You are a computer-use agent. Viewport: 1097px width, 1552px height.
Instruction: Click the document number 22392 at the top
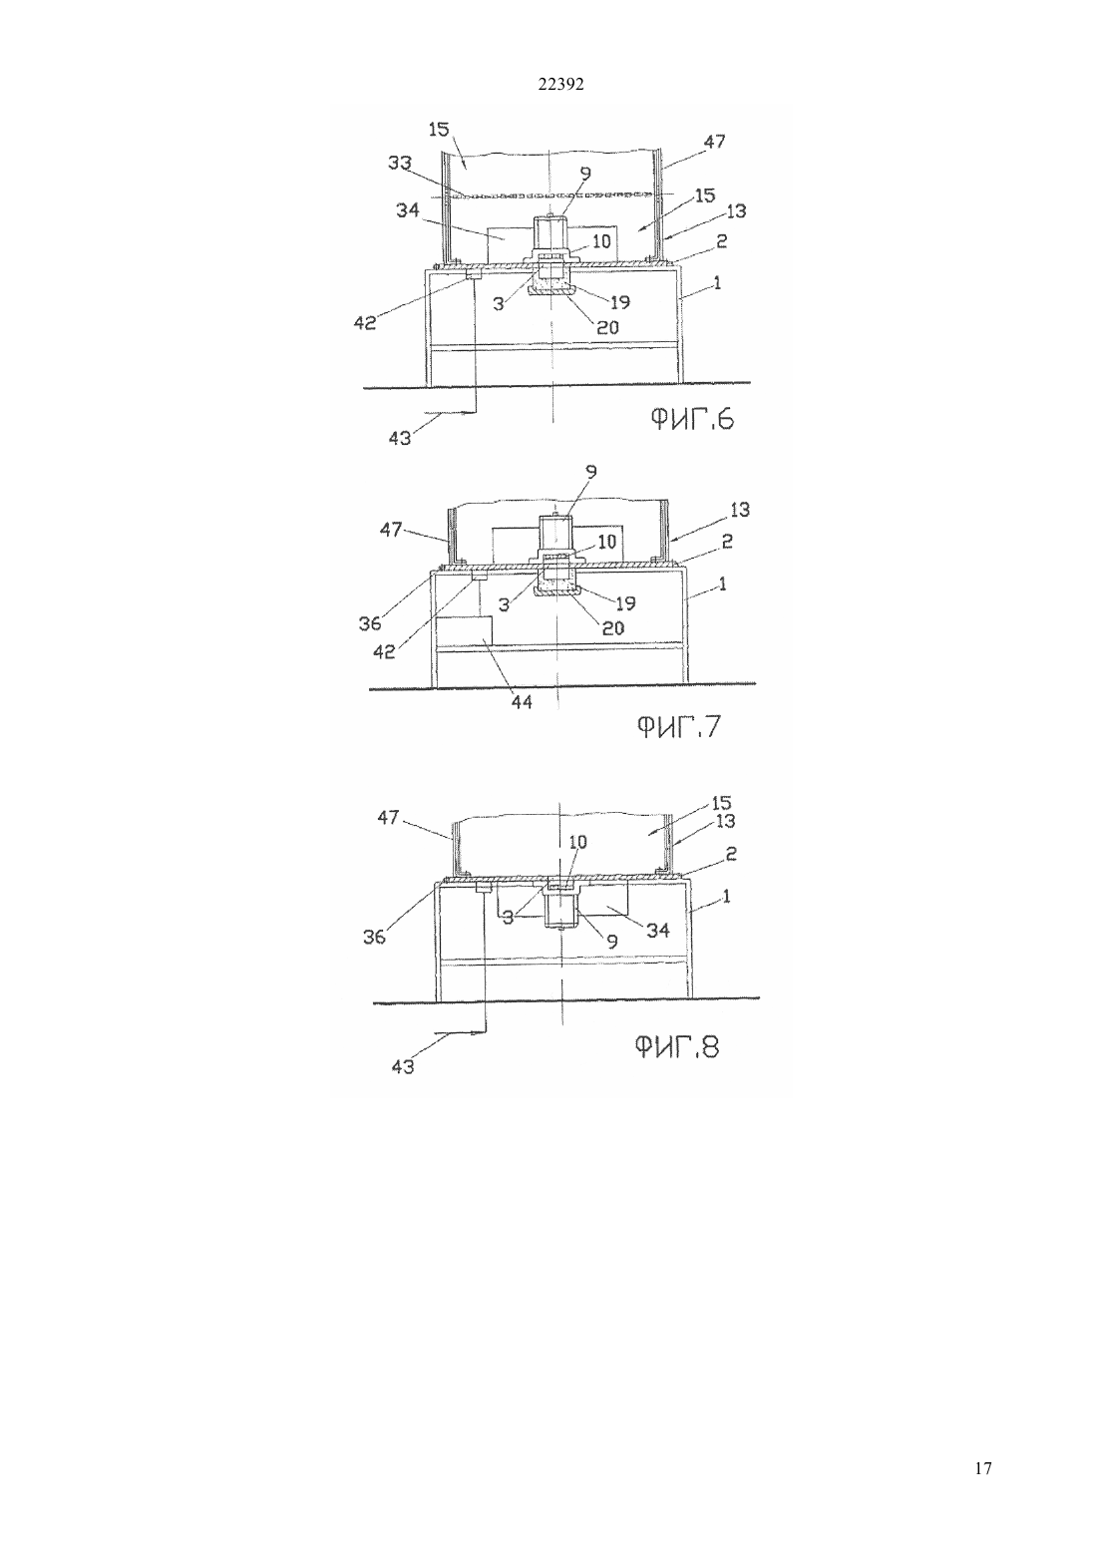[560, 85]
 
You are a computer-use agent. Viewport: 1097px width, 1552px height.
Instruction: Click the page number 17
[982, 1467]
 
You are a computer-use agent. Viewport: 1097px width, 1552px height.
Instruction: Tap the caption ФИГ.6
[691, 420]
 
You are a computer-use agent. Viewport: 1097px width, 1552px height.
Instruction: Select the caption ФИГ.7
[679, 727]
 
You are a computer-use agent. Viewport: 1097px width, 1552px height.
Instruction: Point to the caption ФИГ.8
[677, 1046]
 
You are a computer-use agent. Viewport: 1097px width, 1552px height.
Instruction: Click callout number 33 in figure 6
[400, 164]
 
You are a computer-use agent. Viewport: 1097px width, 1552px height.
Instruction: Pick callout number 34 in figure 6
[408, 209]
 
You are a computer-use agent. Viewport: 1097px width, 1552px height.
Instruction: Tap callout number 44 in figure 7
[522, 702]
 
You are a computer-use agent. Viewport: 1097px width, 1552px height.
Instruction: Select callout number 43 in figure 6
[400, 438]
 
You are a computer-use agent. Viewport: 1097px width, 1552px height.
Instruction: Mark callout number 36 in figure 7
[370, 623]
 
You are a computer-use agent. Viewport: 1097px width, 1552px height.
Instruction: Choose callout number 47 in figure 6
[714, 142]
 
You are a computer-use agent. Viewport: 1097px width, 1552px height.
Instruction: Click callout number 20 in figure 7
[613, 627]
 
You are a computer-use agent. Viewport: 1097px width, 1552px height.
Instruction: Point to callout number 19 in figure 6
[619, 302]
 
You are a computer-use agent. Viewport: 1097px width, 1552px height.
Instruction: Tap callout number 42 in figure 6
[364, 323]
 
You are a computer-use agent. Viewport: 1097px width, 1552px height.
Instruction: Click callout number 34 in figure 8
[658, 931]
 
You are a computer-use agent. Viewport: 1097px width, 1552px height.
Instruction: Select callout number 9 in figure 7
[590, 472]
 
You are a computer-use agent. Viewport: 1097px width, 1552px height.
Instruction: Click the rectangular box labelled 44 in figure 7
[464, 630]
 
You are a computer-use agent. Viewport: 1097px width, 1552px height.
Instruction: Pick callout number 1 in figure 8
[726, 897]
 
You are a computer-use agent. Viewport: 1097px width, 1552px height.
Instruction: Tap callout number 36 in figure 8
[374, 938]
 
